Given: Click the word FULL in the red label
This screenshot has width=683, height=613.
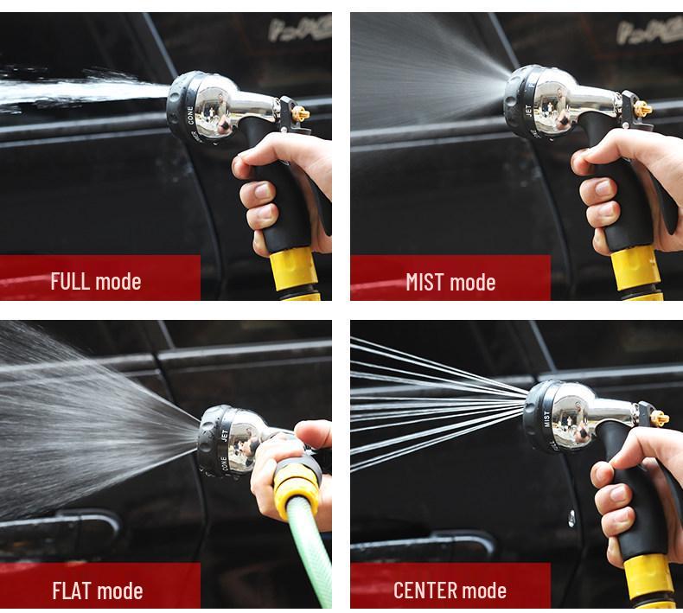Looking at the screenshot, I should point(71,281).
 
